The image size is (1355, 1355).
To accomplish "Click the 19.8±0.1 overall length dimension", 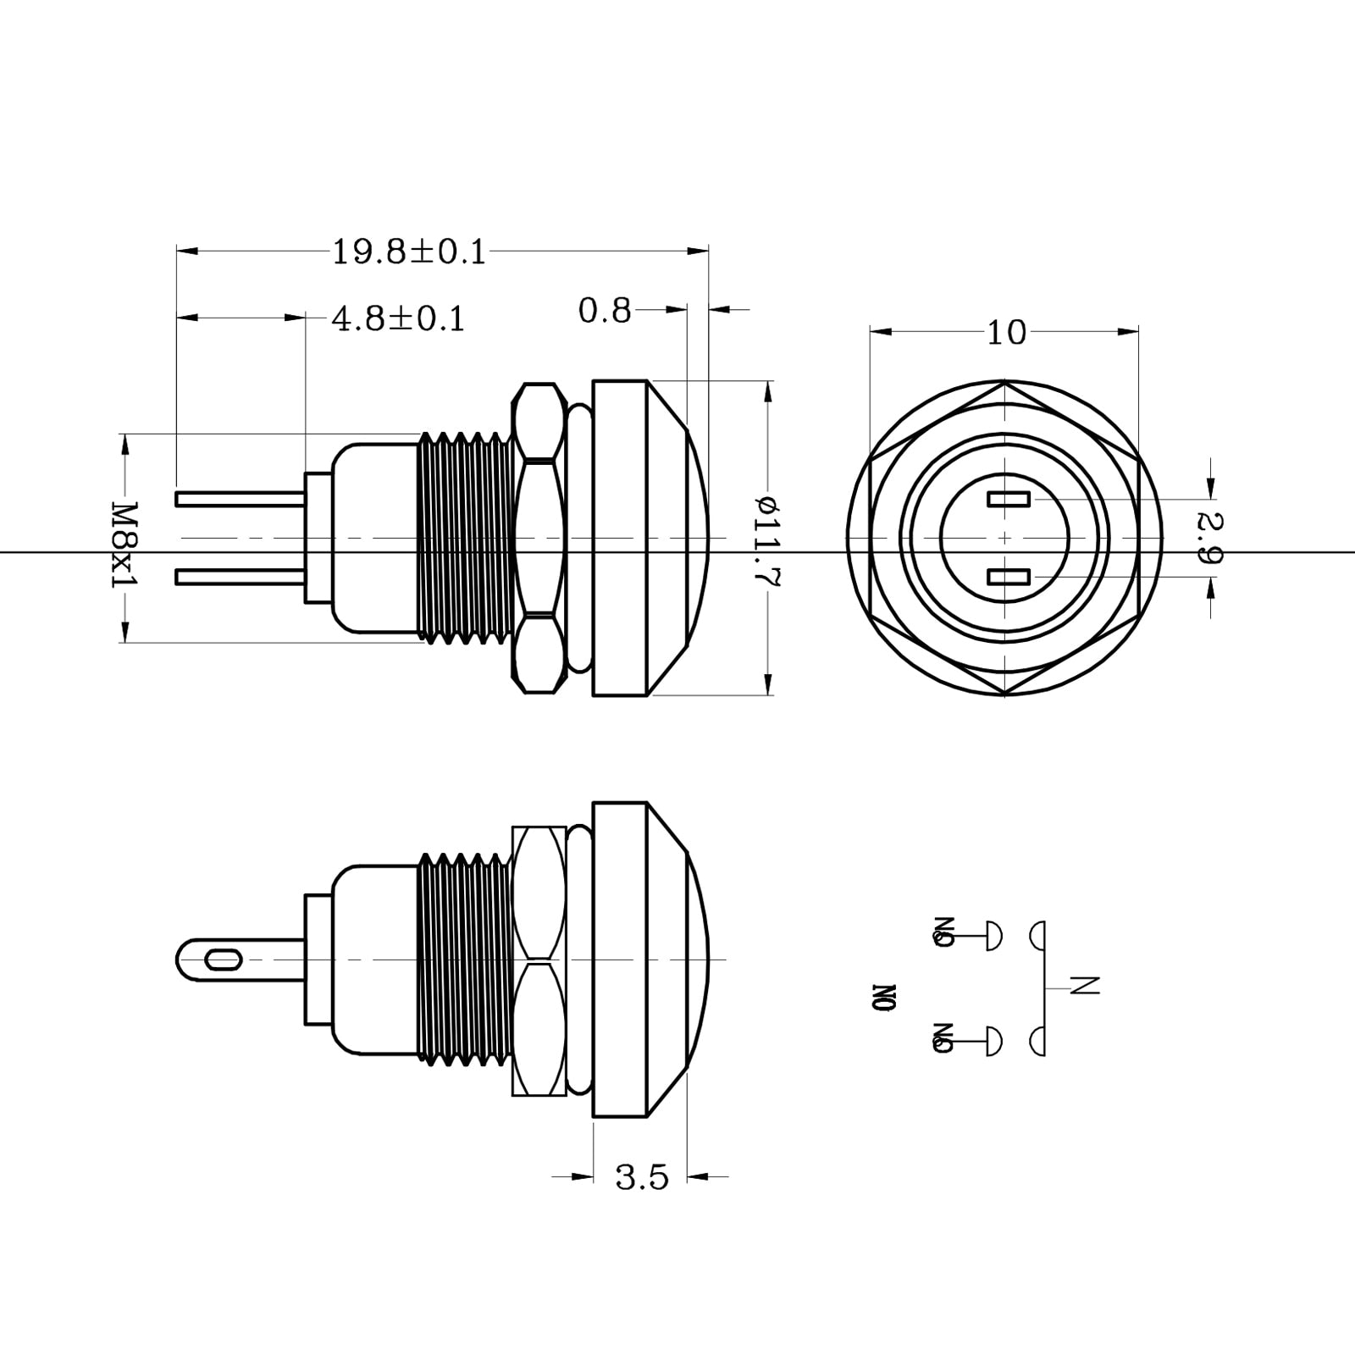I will point(408,252).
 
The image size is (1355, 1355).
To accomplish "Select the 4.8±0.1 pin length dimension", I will point(398,319).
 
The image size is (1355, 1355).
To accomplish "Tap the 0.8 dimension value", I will point(605,311).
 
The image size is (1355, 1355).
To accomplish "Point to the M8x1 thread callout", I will point(124,545).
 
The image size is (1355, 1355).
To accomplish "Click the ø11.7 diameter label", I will point(768,542).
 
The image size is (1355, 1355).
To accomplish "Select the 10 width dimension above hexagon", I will point(1005,333).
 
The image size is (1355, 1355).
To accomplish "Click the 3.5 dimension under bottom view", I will point(641,1177).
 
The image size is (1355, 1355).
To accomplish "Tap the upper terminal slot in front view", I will point(1008,500).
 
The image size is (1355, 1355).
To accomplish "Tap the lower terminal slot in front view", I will point(1008,578).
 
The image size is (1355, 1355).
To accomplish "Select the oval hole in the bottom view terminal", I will point(223,960).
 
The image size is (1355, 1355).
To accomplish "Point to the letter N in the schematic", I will point(1084,986).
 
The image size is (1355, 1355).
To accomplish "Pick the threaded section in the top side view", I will point(466,539).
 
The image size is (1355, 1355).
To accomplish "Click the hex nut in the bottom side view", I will point(539,960).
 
